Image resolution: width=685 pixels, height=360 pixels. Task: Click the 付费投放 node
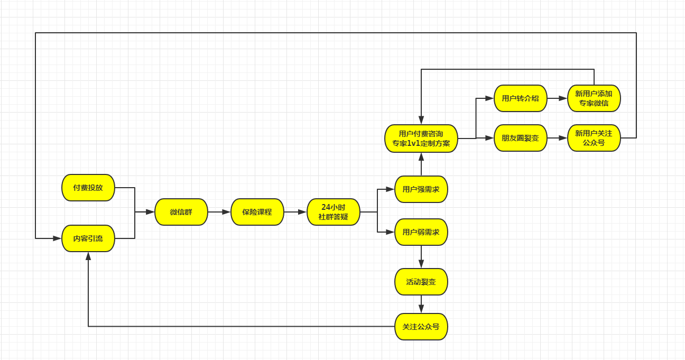(88, 188)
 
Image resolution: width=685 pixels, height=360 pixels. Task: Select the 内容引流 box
(88, 238)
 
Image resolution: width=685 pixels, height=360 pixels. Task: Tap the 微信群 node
(181, 212)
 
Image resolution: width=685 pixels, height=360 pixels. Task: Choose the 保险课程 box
(257, 212)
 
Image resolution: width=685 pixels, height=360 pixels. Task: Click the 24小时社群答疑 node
(334, 212)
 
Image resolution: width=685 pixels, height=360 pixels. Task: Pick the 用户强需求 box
(421, 189)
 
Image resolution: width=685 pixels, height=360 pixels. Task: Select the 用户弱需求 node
(421, 232)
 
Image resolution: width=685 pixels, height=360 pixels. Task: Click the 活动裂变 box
(421, 282)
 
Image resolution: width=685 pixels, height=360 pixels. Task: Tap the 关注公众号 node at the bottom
(421, 327)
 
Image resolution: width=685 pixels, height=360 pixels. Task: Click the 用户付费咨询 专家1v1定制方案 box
(421, 139)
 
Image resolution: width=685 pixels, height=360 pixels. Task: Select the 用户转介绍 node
(521, 98)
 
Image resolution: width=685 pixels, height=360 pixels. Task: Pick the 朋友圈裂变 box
(521, 138)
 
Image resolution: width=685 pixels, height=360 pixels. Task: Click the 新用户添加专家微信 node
(594, 98)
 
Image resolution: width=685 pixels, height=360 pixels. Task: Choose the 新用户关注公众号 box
(594, 138)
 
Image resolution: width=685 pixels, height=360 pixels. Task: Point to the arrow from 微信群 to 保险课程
(219, 212)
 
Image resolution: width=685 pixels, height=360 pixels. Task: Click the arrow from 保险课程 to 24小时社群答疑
(295, 212)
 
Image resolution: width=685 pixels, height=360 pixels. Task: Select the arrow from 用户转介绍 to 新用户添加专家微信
(557, 98)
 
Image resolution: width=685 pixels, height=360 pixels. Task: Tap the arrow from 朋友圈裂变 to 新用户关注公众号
(557, 138)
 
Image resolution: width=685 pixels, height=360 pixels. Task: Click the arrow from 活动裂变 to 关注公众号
(421, 304)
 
